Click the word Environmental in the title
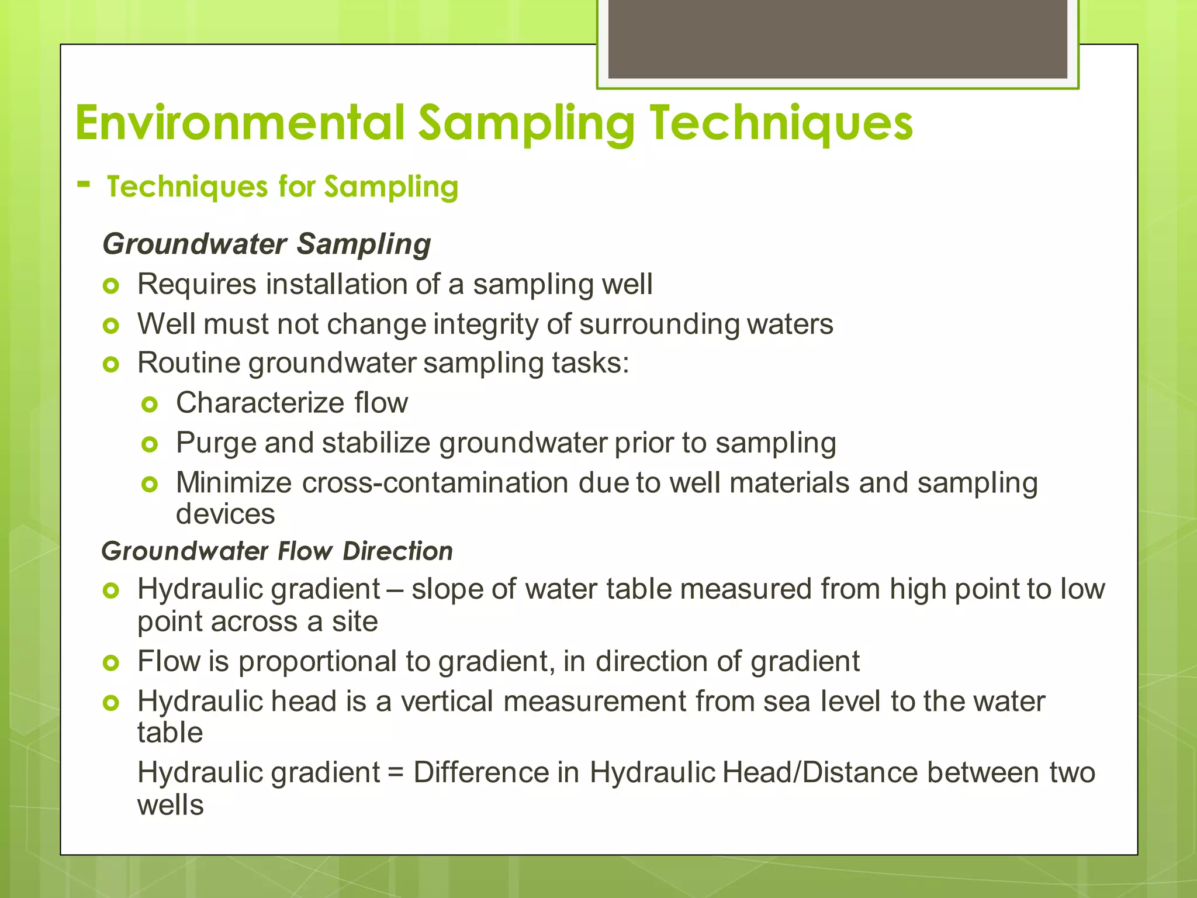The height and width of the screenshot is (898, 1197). tap(240, 123)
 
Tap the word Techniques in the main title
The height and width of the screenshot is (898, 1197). tap(781, 124)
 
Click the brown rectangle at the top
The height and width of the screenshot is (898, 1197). tap(838, 39)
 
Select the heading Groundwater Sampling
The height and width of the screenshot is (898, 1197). tap(267, 244)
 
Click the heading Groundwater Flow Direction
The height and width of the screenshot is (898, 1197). tap(277, 551)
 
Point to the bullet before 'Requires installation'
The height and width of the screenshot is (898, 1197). tap(110, 286)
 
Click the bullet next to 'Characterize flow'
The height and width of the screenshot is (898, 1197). tap(150, 404)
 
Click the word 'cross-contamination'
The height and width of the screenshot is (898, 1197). tap(435, 483)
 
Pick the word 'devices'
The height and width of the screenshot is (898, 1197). tap(225, 514)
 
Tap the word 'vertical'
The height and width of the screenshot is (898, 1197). tap(447, 701)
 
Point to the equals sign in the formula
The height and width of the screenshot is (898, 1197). tap(396, 773)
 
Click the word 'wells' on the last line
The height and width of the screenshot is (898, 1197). tap(170, 805)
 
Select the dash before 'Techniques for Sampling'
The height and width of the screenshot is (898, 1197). tap(84, 185)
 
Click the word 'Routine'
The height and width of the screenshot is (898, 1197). tap(189, 363)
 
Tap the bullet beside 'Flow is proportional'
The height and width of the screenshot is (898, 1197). tap(110, 663)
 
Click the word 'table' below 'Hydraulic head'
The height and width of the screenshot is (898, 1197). tap(170, 733)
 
